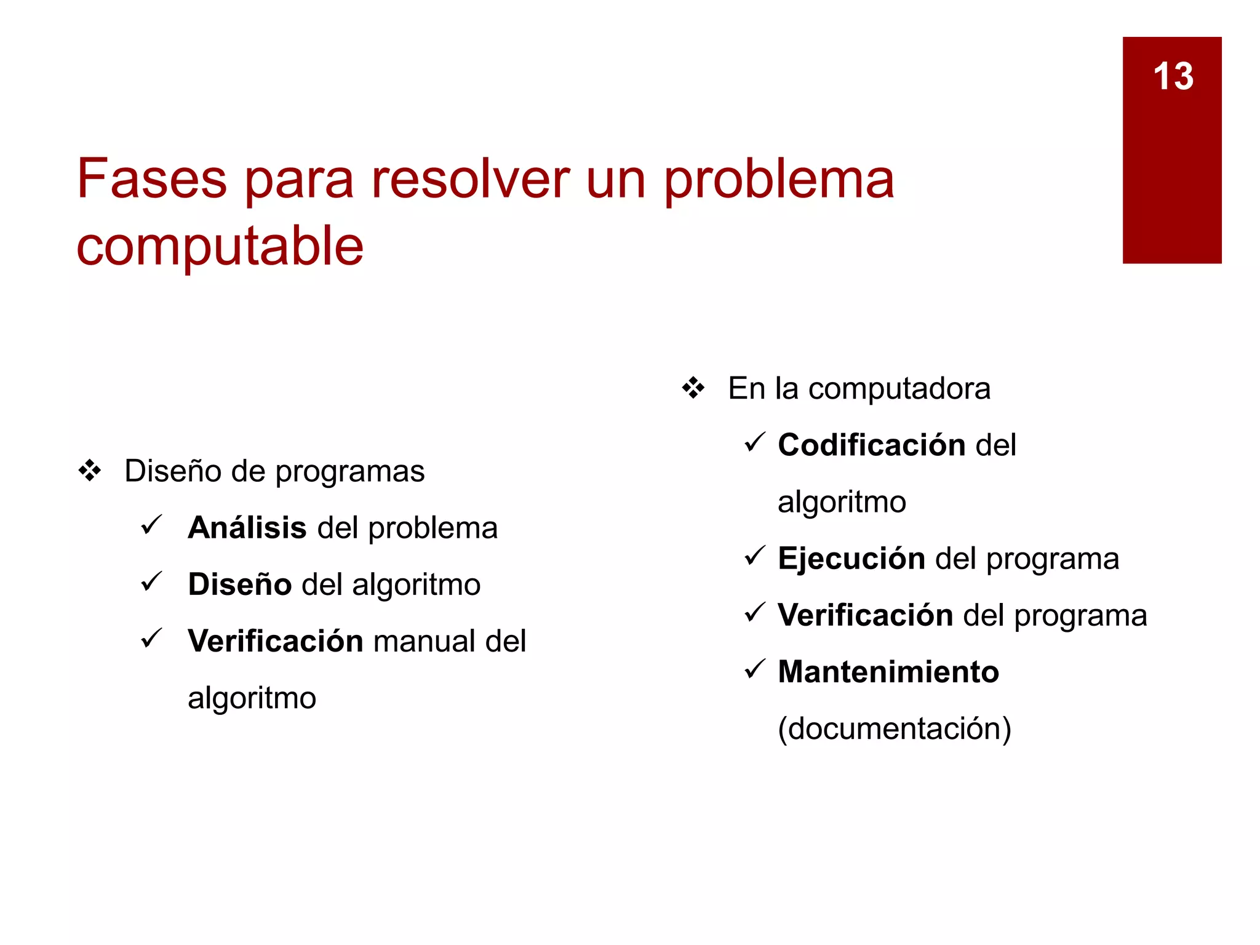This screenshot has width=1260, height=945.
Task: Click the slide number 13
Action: click(1173, 76)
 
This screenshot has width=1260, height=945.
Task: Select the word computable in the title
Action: click(220, 246)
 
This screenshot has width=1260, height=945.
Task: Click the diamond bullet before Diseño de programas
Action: click(90, 471)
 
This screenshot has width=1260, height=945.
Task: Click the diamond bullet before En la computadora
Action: click(693, 388)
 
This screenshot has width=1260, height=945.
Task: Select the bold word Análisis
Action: click(247, 528)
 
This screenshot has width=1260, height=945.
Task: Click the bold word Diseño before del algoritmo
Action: click(239, 584)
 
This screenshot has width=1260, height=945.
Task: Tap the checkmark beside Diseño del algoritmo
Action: click(151, 581)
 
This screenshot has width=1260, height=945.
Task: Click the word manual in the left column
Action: click(424, 641)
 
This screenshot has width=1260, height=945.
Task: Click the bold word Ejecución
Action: click(851, 559)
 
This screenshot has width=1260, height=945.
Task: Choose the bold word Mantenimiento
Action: click(888, 672)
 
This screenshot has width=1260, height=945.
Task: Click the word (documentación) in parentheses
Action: click(894, 729)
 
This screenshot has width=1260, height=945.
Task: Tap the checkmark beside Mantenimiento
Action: click(754, 669)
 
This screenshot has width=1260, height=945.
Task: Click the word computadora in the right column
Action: click(899, 389)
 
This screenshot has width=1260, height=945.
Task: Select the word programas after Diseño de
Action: click(349, 472)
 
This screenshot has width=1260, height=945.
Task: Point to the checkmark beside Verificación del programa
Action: click(754, 612)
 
